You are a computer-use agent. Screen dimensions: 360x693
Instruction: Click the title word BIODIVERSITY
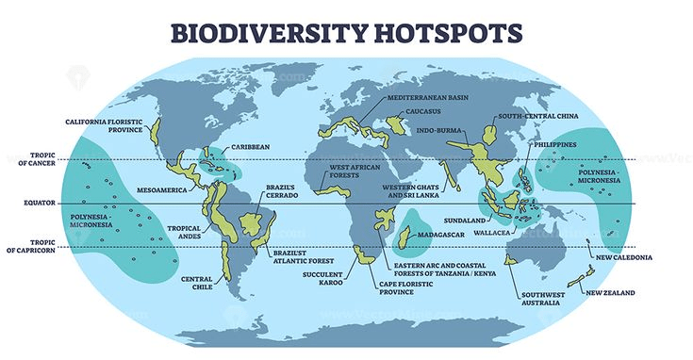266,32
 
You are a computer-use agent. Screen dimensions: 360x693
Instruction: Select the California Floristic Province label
104,125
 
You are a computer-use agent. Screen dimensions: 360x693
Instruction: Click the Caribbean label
251,147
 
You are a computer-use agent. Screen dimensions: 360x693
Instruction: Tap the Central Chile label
196,282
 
